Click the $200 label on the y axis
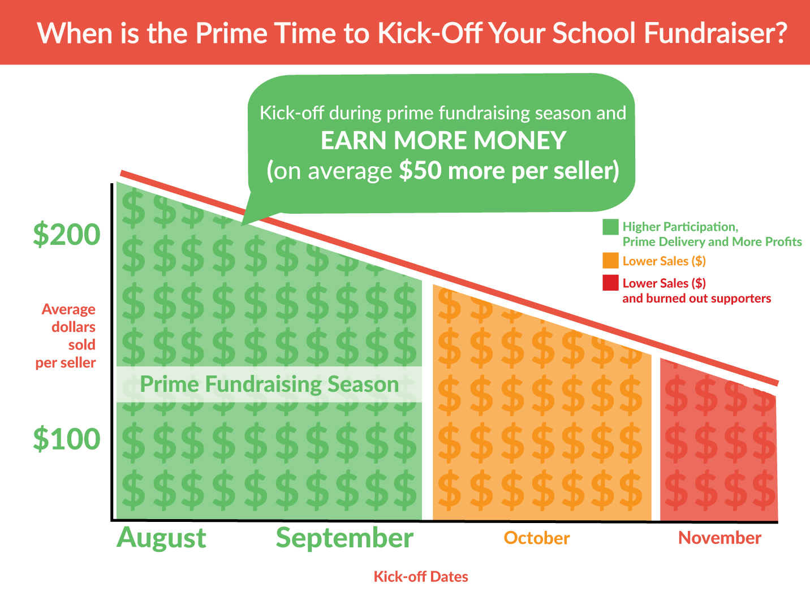click(67, 234)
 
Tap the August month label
click(161, 539)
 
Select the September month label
click(344, 539)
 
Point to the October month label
click(537, 538)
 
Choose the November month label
click(719, 538)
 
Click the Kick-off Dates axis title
click(420, 576)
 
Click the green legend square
click(610, 227)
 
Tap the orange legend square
click(610, 261)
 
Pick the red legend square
click(610, 283)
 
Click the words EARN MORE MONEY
click(443, 141)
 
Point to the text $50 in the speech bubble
click(420, 171)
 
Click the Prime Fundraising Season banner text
click(269, 384)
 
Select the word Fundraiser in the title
click(716, 33)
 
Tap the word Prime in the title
click(231, 33)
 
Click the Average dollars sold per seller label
click(66, 336)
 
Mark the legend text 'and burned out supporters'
click(696, 299)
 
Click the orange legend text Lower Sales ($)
click(664, 261)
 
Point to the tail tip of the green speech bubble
click(242, 225)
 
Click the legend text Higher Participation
click(680, 227)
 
